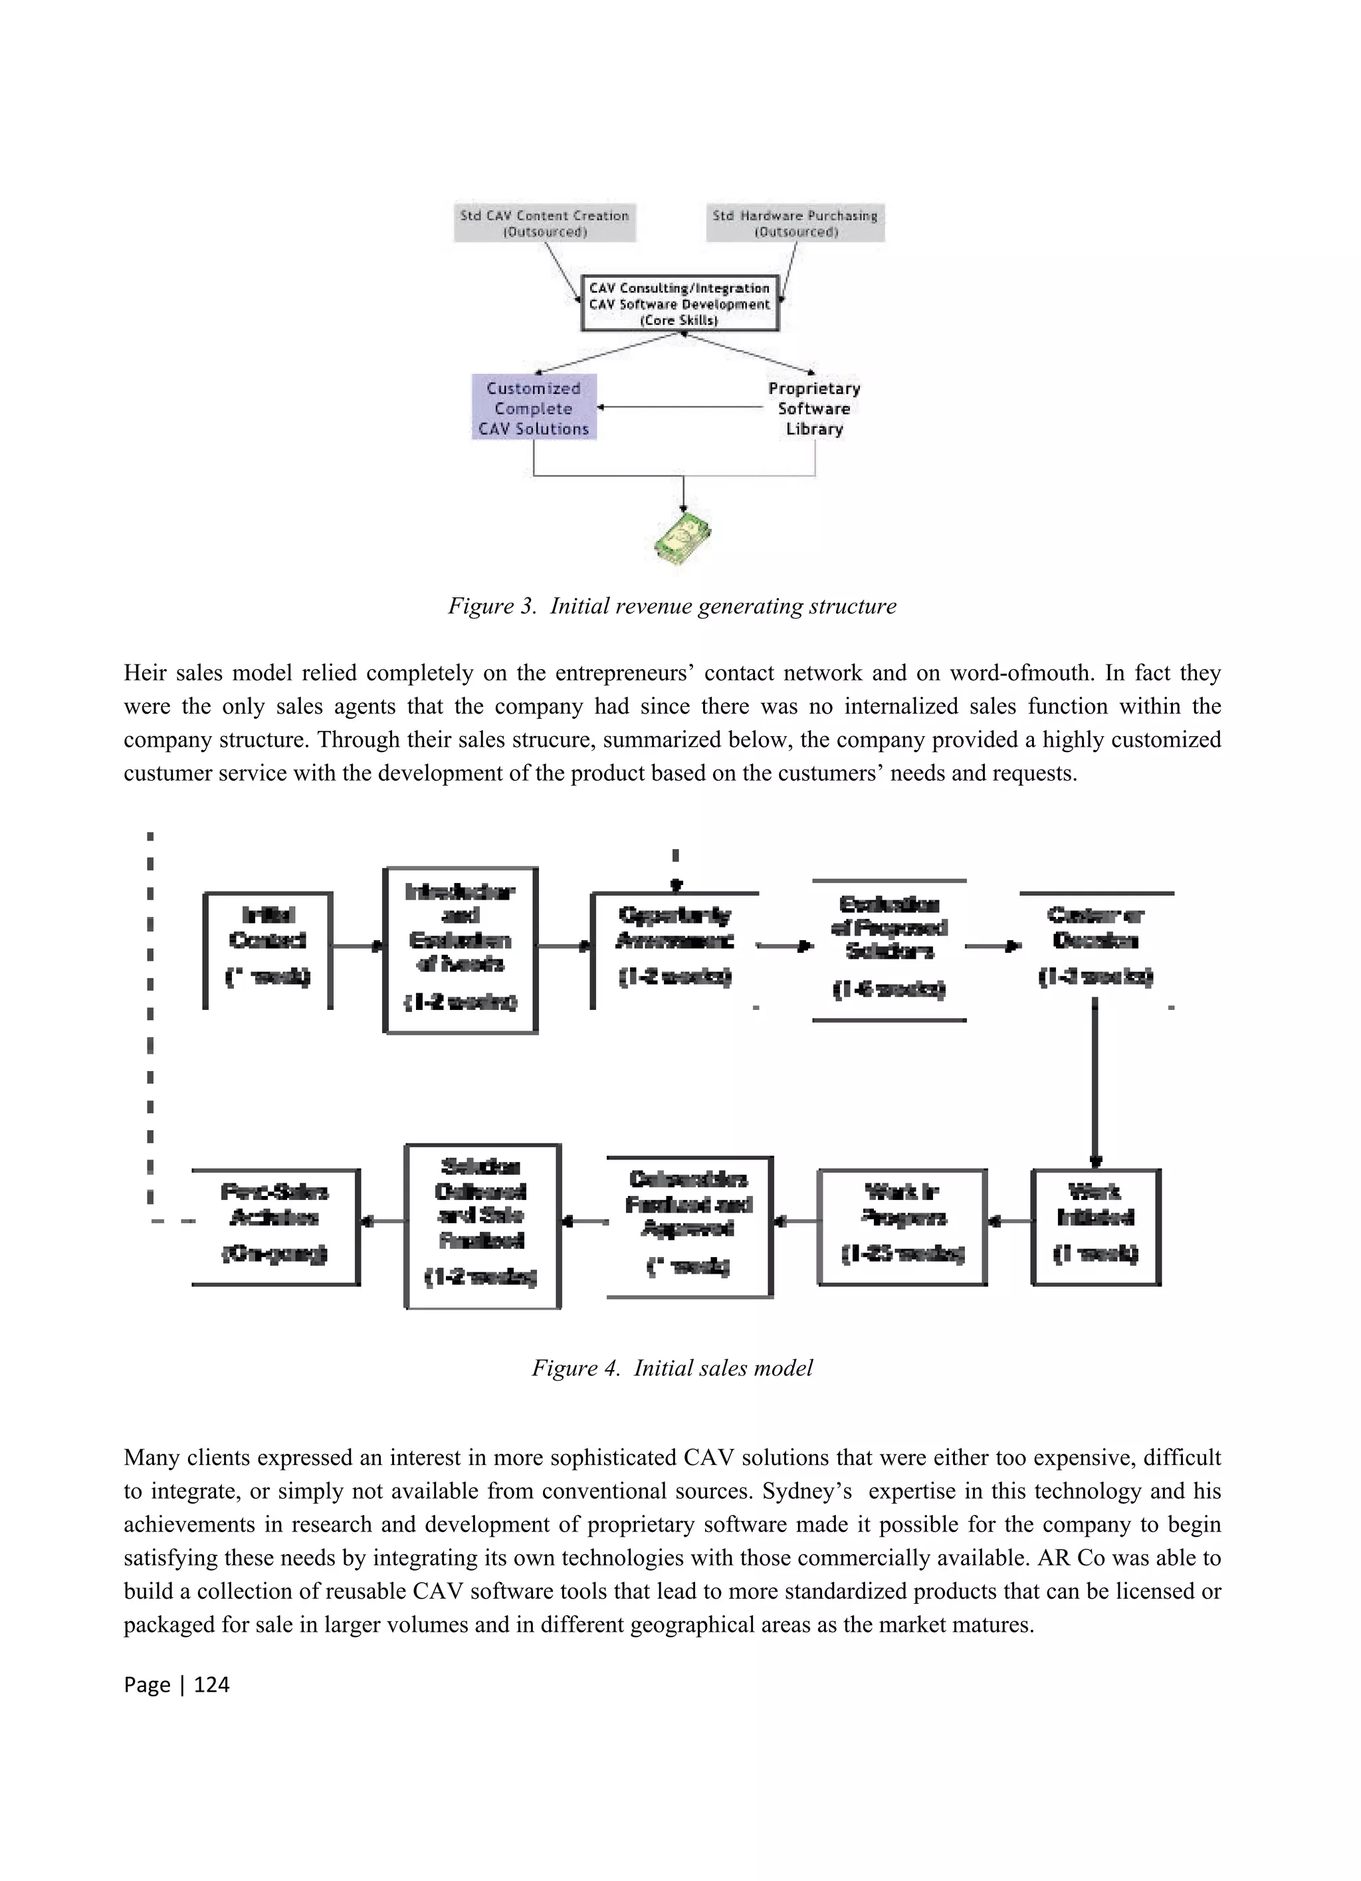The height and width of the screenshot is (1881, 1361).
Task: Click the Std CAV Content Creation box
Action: (x=544, y=223)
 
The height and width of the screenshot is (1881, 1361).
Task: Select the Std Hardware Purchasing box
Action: (x=795, y=223)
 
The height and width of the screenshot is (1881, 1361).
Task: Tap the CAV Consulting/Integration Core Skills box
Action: (x=679, y=304)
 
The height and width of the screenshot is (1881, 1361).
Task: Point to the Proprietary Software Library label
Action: (x=813, y=408)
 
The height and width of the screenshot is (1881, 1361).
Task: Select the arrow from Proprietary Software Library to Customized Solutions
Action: (x=680, y=407)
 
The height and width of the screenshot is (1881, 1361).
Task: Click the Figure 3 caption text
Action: (x=672, y=606)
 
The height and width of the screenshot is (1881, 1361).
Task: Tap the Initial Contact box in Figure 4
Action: (x=267, y=949)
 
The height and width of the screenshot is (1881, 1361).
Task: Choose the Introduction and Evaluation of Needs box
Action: (x=461, y=949)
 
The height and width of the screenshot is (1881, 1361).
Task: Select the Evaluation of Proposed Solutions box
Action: (x=889, y=949)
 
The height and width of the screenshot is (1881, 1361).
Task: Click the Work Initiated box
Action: (x=1096, y=1227)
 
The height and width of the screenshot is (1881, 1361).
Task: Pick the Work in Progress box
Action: (x=902, y=1227)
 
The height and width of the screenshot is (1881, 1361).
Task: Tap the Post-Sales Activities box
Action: (x=274, y=1227)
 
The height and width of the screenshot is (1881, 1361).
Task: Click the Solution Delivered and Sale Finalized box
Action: (x=482, y=1227)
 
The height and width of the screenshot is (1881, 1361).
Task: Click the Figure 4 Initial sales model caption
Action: (x=672, y=1367)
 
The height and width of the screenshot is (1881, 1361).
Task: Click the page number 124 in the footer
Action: (x=211, y=1684)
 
